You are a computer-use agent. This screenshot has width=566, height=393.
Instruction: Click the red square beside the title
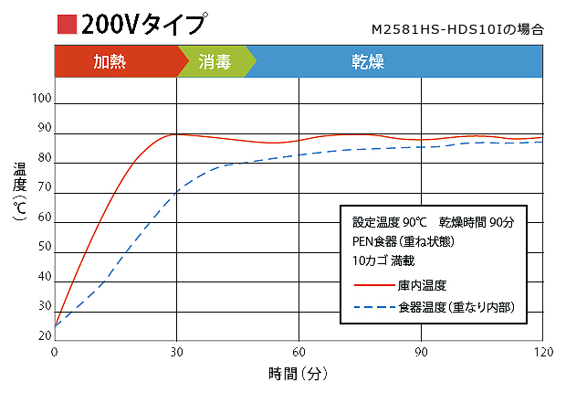(66, 24)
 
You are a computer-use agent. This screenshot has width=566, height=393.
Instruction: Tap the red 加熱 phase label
(116, 62)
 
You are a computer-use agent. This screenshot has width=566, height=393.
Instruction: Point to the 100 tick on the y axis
(42, 99)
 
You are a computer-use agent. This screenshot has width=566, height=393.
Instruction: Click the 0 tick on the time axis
(55, 352)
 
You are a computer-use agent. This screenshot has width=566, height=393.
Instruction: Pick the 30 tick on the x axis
(176, 352)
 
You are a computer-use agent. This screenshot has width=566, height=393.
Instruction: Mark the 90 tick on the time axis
(421, 352)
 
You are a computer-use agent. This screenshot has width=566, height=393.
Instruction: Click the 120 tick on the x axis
(542, 352)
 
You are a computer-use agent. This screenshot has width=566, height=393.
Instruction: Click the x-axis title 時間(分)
(298, 373)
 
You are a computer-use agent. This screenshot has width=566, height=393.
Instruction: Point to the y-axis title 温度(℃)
(20, 193)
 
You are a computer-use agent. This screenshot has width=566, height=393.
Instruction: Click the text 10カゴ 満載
(384, 260)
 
